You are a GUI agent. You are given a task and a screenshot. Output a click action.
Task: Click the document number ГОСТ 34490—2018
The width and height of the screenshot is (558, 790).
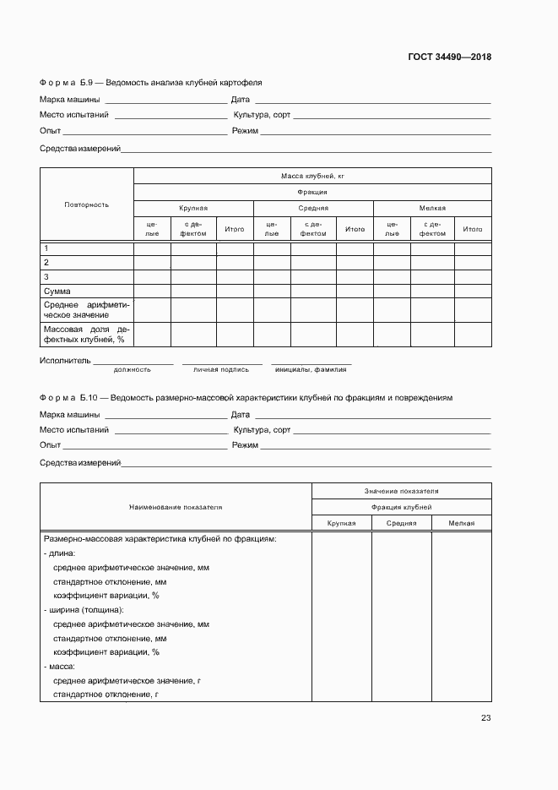pyautogui.click(x=448, y=57)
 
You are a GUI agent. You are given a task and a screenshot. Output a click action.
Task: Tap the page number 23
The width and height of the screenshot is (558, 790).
pyautogui.click(x=485, y=718)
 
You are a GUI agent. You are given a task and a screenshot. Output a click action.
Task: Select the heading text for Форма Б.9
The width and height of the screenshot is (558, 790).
pyautogui.click(x=150, y=83)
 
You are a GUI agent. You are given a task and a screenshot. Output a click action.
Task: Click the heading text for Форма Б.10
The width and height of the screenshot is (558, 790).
pyautogui.click(x=246, y=396)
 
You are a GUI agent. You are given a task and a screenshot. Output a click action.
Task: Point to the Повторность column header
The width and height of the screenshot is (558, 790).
pyautogui.click(x=86, y=204)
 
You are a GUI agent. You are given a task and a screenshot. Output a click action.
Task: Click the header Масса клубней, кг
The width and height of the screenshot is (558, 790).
pyautogui.click(x=312, y=176)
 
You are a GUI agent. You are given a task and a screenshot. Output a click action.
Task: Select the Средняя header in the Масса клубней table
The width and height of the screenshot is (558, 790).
pyautogui.click(x=313, y=208)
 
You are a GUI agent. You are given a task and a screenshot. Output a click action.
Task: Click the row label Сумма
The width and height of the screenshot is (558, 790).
pyautogui.click(x=57, y=291)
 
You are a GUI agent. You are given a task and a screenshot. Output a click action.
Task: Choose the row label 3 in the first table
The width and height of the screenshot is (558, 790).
pyautogui.click(x=46, y=276)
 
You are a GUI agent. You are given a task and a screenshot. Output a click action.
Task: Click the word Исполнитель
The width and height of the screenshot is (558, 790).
pyautogui.click(x=65, y=360)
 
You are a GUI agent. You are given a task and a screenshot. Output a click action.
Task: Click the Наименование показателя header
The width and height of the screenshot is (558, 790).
pyautogui.click(x=176, y=507)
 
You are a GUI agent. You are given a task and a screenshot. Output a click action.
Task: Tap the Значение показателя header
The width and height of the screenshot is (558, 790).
pyautogui.click(x=401, y=491)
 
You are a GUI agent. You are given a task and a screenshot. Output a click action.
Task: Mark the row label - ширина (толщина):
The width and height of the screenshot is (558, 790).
pyautogui.click(x=84, y=609)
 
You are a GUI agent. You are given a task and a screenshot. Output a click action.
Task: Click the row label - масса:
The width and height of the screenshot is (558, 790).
pyautogui.click(x=59, y=667)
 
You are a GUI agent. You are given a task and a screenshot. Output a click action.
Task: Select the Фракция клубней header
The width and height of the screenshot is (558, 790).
pyautogui.click(x=401, y=507)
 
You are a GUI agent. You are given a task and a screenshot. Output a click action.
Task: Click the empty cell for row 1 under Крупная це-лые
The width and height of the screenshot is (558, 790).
pyautogui.click(x=153, y=248)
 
